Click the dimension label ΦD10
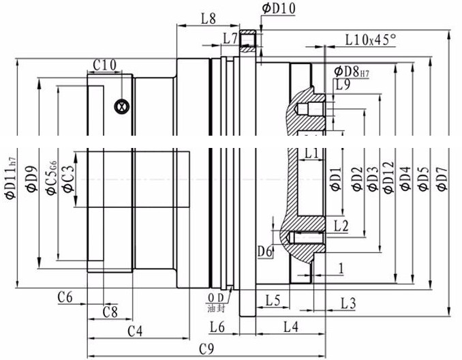point(277,8)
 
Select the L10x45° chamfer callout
point(370,40)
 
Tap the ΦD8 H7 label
point(352,70)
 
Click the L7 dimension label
point(230,38)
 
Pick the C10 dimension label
point(104,65)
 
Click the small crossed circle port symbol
point(121,106)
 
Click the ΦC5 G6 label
point(51,177)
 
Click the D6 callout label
point(266,252)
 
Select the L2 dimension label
point(341,225)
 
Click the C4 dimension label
point(135,331)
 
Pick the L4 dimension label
point(290,327)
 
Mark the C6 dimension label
point(65,296)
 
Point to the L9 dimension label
point(342,85)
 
